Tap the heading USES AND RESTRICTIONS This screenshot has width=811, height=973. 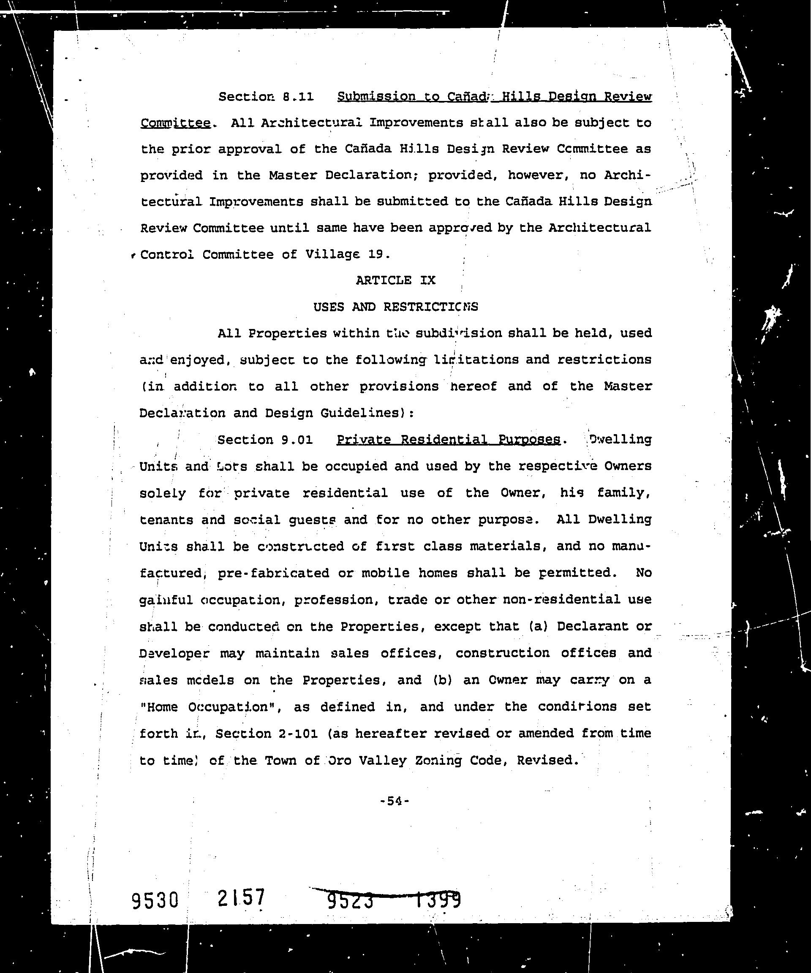click(x=396, y=307)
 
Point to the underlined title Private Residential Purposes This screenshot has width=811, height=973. click(x=448, y=439)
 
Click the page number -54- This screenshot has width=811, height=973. click(x=395, y=801)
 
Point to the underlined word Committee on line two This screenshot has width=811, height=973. click(x=176, y=123)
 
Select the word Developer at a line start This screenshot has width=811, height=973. click(x=174, y=653)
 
